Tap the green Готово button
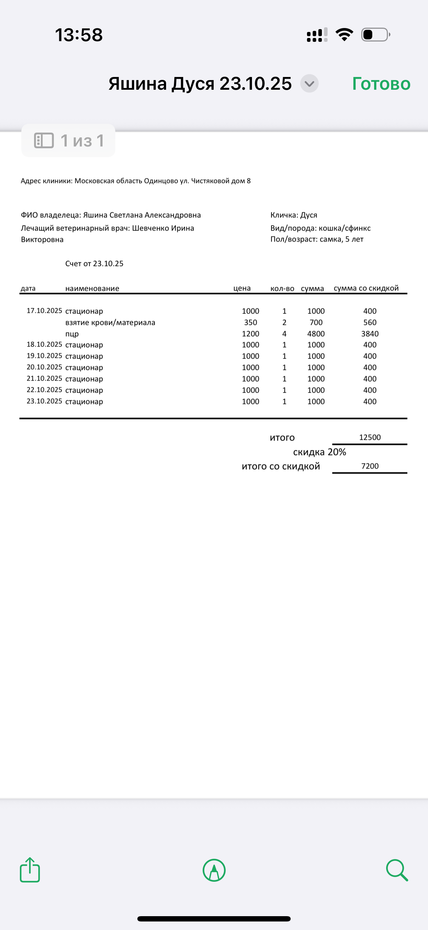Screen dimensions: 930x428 [x=381, y=84]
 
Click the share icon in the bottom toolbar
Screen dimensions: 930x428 [x=29, y=870]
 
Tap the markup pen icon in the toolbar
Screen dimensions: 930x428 [x=214, y=870]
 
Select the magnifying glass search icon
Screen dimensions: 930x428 [x=396, y=870]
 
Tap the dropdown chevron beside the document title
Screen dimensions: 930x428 [x=309, y=84]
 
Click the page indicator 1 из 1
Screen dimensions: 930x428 [x=68, y=141]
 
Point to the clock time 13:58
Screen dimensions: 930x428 [x=79, y=35]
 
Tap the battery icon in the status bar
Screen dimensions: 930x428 [x=375, y=35]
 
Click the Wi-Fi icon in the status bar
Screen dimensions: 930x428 [x=344, y=35]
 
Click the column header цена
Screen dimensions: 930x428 [x=242, y=288]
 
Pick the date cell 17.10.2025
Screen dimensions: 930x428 [x=44, y=311]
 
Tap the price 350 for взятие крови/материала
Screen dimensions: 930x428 [x=250, y=322]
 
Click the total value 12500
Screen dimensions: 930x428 [x=370, y=438]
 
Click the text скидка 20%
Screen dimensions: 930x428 [x=319, y=452]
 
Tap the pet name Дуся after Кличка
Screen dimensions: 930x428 [x=309, y=215]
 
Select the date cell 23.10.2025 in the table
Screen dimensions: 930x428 [x=44, y=401]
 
